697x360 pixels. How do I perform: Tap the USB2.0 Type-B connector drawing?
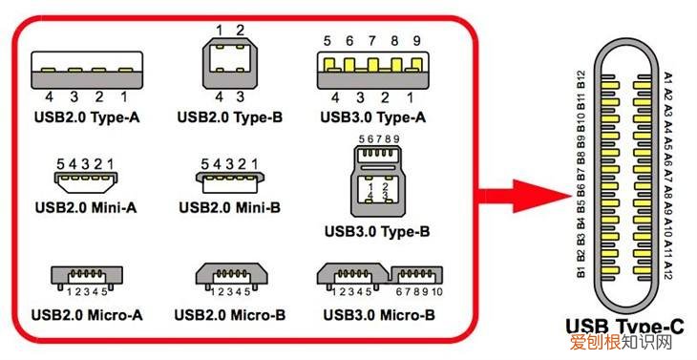click(226, 65)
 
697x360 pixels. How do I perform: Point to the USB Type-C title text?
click(625, 329)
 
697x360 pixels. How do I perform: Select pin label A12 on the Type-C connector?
click(668, 268)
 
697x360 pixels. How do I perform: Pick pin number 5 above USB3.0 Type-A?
click(327, 41)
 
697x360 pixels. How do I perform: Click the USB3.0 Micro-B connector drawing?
click(377, 278)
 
